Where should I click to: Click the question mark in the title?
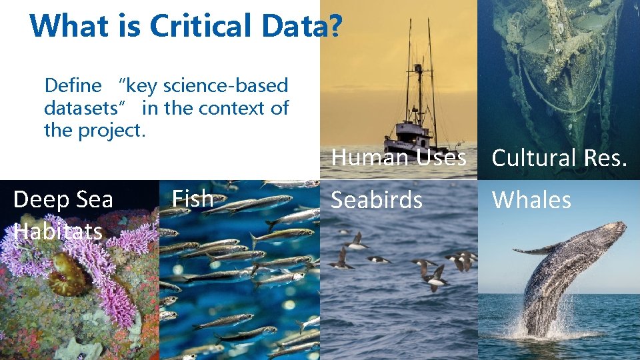pos(335,26)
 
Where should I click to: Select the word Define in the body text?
pos(73,85)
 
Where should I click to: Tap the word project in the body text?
pos(111,130)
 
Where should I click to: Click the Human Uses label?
pos(399,158)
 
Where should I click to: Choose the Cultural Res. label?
pos(559,158)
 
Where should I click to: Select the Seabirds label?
pos(377,200)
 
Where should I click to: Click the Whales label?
pos(531,200)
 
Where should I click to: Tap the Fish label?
pos(192,199)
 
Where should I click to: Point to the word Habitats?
pos(58,231)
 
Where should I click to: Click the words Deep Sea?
pos(63,199)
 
